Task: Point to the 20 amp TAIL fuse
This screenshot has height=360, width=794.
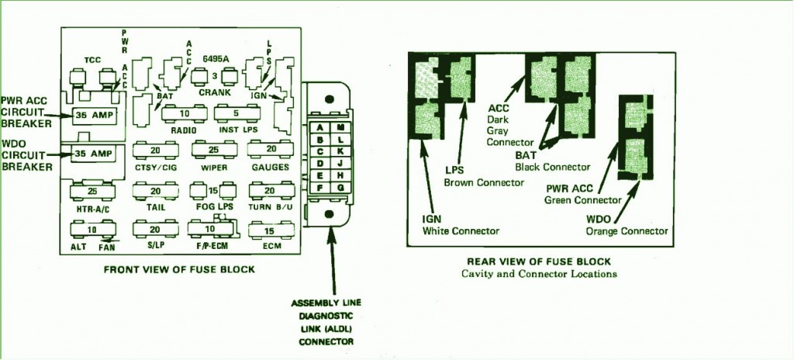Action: click(155, 190)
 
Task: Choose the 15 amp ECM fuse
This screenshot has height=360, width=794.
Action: click(269, 230)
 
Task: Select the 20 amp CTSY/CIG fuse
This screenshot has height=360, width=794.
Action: click(155, 149)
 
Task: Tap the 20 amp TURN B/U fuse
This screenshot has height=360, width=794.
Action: click(269, 190)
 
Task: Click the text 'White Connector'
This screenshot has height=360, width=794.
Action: click(461, 230)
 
